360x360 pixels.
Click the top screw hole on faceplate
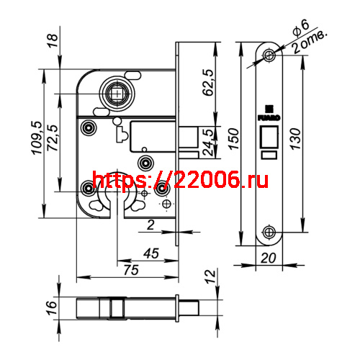pyautogui.click(x=269, y=55)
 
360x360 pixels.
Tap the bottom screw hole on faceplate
pyautogui.click(x=269, y=231)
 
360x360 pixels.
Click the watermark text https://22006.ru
pyautogui.click(x=180, y=180)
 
